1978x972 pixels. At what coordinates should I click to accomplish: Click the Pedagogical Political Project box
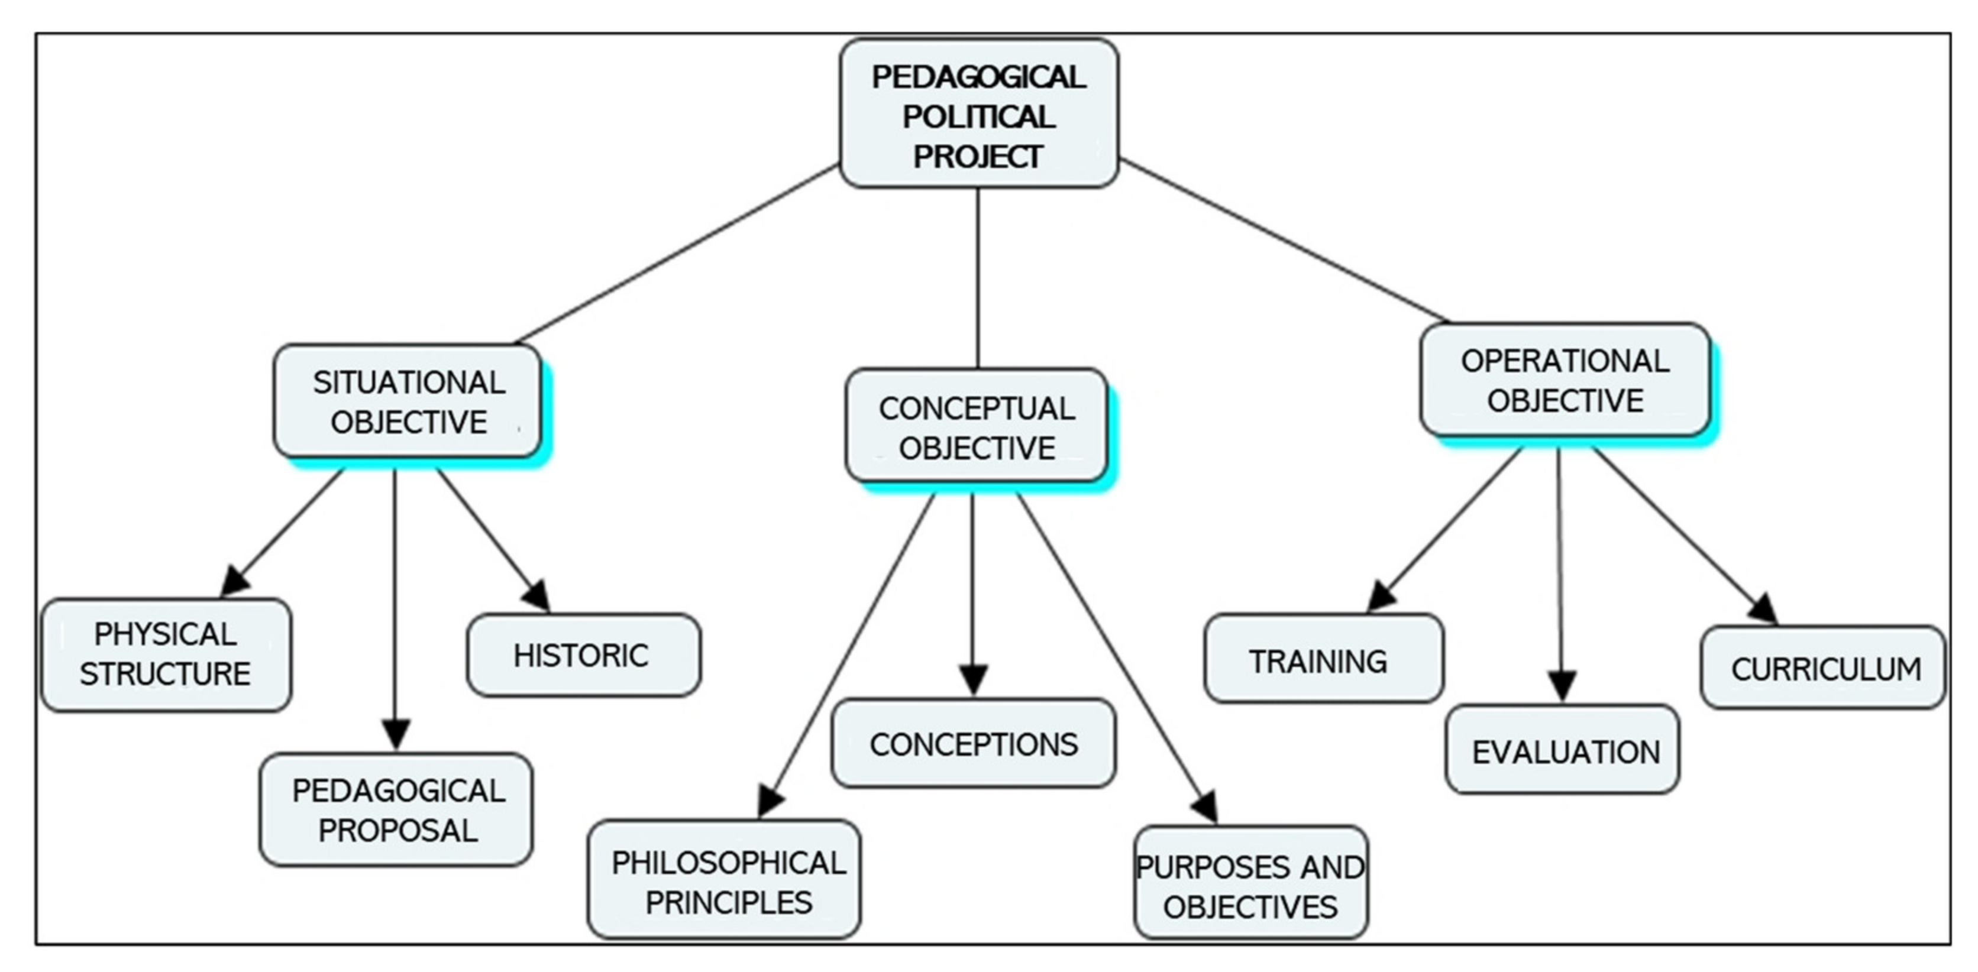point(978,114)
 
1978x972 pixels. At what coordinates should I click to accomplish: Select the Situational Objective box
point(408,401)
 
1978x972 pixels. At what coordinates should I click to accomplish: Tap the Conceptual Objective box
point(976,427)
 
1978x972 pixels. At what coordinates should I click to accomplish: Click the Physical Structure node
point(166,654)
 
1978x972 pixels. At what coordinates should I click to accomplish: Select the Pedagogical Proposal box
point(396,809)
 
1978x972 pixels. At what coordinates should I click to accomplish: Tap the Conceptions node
point(973,743)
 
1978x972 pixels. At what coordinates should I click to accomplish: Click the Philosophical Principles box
point(724,880)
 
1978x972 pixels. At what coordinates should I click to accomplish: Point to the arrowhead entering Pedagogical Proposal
point(396,734)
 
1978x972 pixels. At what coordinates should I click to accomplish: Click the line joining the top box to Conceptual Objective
point(978,276)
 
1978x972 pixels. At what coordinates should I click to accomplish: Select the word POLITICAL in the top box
point(978,116)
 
